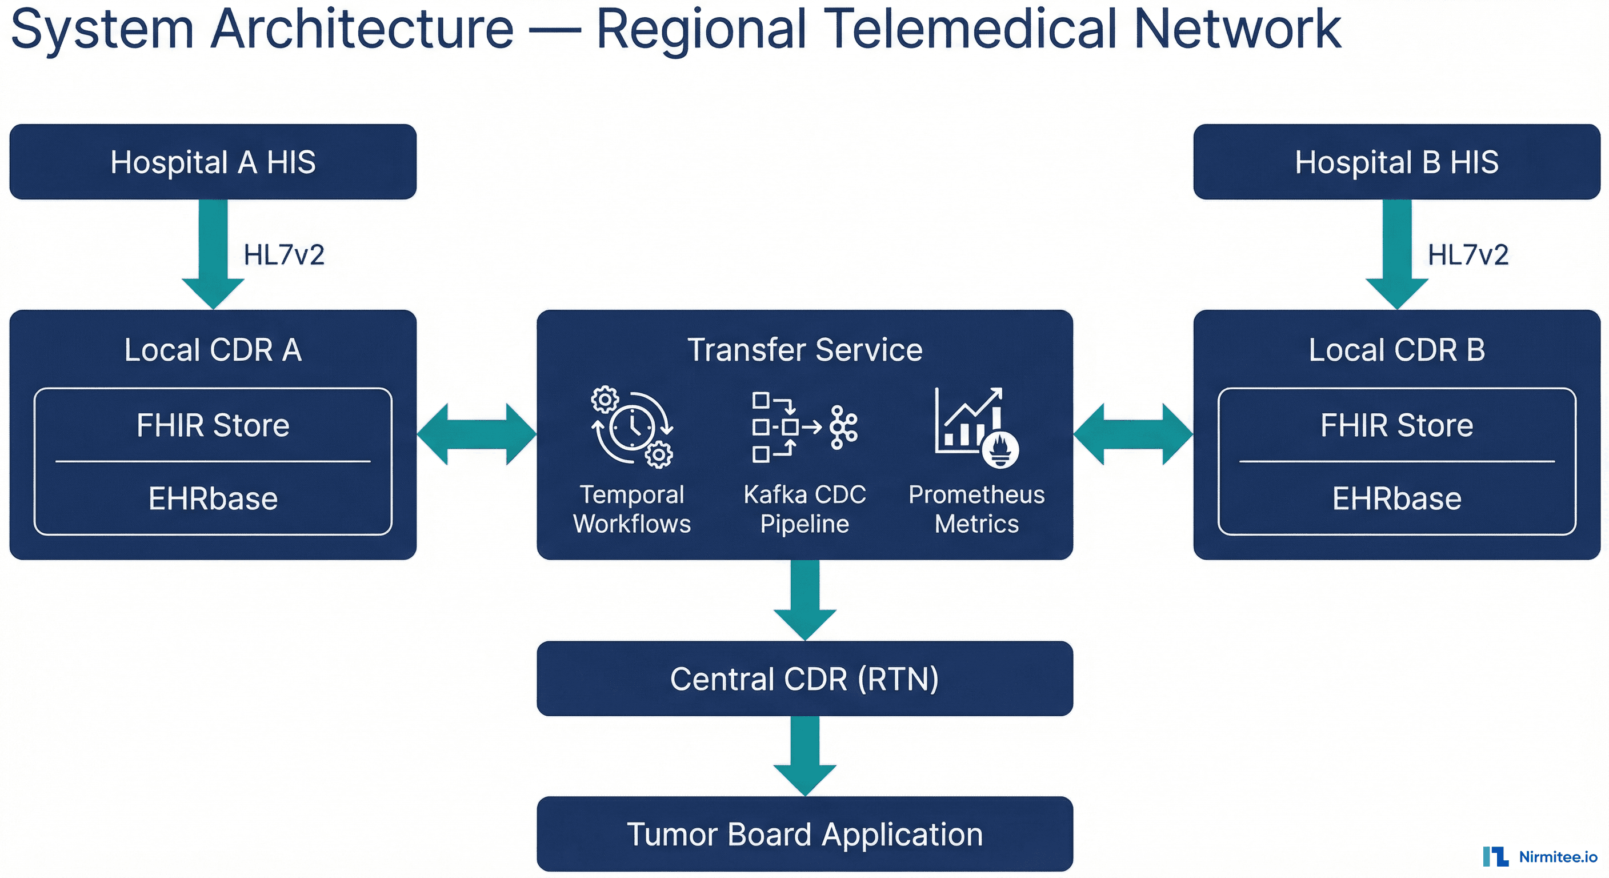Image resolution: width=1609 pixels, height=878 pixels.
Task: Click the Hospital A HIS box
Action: pos(213,162)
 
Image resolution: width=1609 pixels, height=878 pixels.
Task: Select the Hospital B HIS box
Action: pos(1396,162)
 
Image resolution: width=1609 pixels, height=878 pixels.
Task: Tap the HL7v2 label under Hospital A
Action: pos(284,255)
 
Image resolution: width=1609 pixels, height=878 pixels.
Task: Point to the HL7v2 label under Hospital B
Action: pos(1468,255)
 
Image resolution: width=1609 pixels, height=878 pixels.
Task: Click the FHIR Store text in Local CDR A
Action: pos(213,425)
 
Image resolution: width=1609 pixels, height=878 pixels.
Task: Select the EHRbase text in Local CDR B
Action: pos(1396,498)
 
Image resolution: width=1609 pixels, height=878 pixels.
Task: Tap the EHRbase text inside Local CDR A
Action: pos(213,498)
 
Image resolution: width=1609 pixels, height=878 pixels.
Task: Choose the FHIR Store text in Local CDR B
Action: pos(1396,425)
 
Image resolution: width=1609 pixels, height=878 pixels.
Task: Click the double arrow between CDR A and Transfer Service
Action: pos(477,434)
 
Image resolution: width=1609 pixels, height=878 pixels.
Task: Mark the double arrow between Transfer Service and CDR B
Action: pos(1133,434)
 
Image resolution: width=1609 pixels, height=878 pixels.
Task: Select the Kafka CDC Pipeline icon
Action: pos(804,427)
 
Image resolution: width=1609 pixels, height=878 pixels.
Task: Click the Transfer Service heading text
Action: pos(804,349)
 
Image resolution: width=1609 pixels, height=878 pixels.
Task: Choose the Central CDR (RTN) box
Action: pos(804,679)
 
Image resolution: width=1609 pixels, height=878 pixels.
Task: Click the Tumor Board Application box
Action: pos(804,833)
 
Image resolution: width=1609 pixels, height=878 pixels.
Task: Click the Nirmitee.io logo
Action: pos(1540,856)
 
